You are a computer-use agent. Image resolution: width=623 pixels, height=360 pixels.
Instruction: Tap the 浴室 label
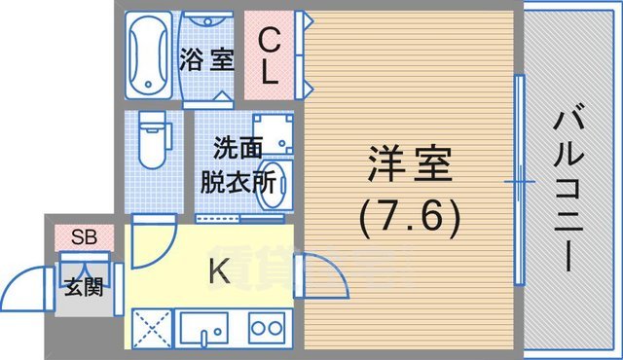(206, 59)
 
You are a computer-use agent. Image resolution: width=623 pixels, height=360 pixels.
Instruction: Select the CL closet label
(272, 54)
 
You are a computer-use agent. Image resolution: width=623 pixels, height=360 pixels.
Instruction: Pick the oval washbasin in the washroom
(277, 182)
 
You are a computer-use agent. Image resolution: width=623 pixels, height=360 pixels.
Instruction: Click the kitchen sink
(206, 328)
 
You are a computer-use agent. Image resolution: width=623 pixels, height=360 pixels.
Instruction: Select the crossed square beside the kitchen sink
(151, 328)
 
